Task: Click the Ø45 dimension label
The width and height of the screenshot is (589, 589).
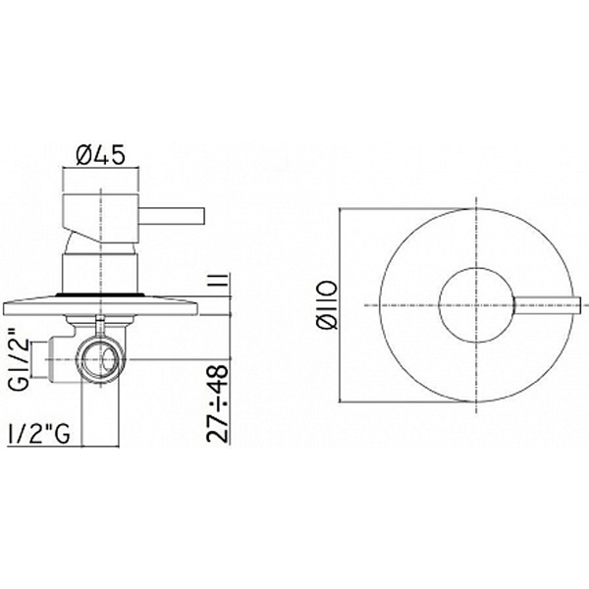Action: point(99,155)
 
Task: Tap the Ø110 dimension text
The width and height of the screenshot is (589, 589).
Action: point(327,305)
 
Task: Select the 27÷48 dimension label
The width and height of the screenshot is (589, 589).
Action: point(218,403)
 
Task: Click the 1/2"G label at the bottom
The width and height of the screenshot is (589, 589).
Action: point(38,434)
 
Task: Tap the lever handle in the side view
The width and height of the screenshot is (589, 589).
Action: point(172,217)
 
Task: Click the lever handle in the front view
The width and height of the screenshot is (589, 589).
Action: point(547,305)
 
